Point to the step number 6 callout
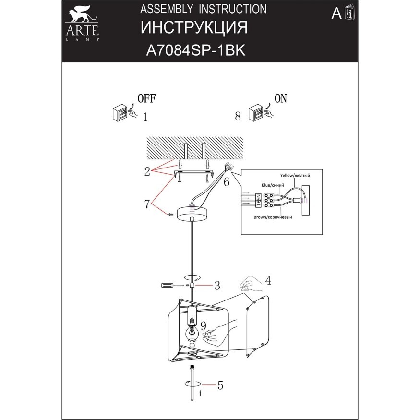pos(226,182)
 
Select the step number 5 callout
pos(220,385)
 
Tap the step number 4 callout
pos(268,280)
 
